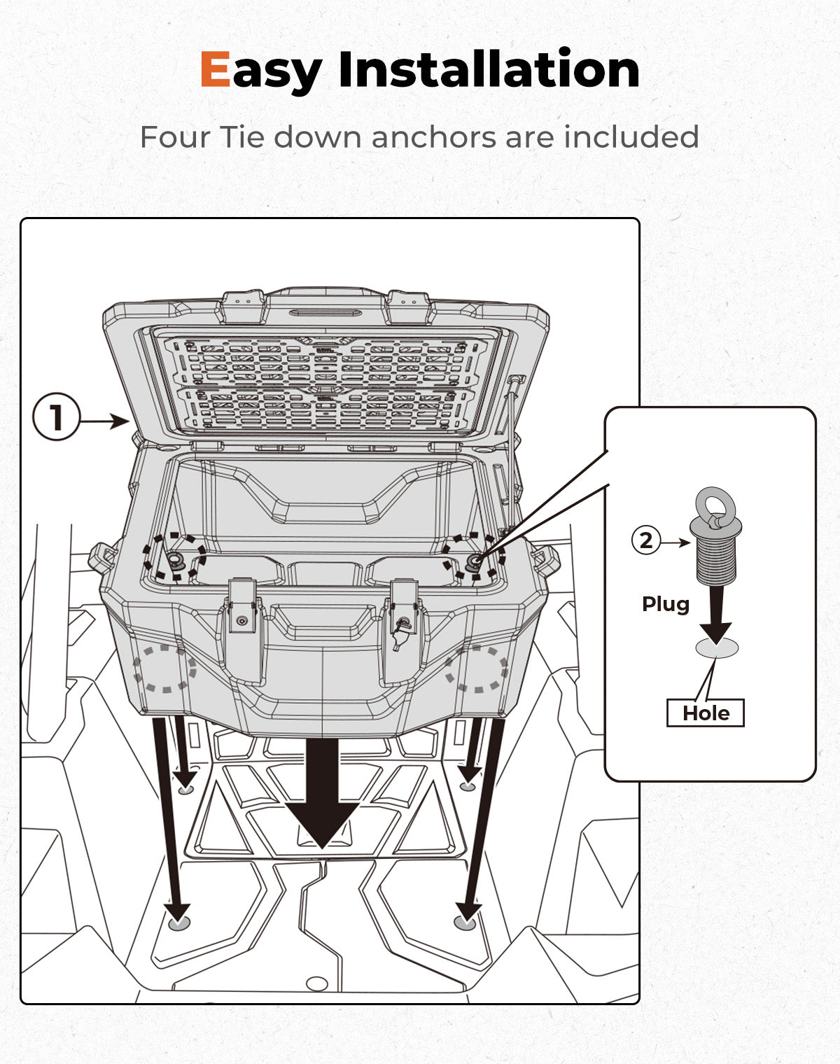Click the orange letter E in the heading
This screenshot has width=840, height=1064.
click(x=215, y=69)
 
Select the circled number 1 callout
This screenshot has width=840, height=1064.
click(x=56, y=416)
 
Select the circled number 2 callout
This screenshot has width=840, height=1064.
click(x=646, y=540)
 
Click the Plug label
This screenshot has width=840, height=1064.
click(x=666, y=605)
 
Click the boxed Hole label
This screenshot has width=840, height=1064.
click(x=706, y=713)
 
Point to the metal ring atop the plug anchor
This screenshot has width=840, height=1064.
click(x=715, y=506)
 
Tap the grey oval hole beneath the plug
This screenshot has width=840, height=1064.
click(x=717, y=647)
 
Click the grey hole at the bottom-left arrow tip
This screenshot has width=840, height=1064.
click(x=179, y=923)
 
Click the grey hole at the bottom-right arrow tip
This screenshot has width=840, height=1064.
click(x=465, y=923)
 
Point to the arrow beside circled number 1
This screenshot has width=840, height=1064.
click(x=104, y=421)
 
